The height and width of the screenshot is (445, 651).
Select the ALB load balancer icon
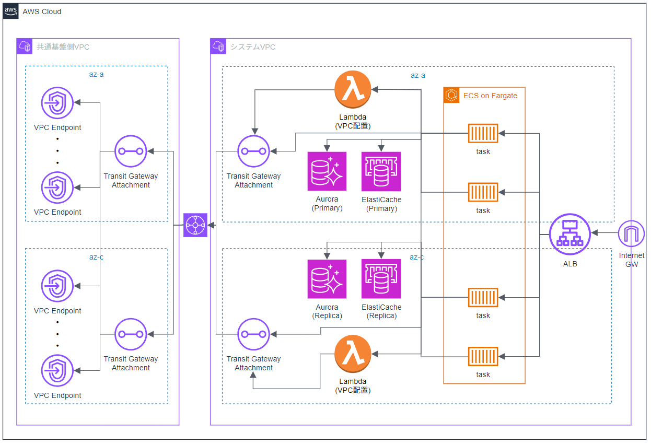(569, 234)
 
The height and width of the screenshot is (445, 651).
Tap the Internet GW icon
(631, 233)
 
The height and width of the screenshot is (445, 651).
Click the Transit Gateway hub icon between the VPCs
(195, 225)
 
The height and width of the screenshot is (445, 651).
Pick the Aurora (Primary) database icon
(327, 171)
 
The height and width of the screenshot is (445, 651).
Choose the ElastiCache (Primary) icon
(381, 171)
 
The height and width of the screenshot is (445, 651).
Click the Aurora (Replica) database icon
(327, 279)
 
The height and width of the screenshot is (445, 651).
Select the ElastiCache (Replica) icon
(381, 279)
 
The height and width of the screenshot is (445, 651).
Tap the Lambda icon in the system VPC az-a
(353, 89)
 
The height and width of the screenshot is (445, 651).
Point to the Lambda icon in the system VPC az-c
(353, 354)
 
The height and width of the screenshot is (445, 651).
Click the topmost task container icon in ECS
(483, 134)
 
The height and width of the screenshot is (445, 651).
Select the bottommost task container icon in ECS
(483, 356)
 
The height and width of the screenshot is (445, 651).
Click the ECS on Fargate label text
(490, 96)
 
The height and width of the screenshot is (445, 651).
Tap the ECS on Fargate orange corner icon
(451, 95)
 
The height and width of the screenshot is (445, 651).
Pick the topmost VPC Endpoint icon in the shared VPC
(57, 103)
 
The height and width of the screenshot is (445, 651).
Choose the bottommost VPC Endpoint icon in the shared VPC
(57, 370)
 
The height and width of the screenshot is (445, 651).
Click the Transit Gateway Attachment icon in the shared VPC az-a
(131, 151)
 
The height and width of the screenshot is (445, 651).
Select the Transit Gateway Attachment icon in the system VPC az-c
(253, 334)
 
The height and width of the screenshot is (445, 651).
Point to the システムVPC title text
(253, 47)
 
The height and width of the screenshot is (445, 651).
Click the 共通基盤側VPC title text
(63, 47)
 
